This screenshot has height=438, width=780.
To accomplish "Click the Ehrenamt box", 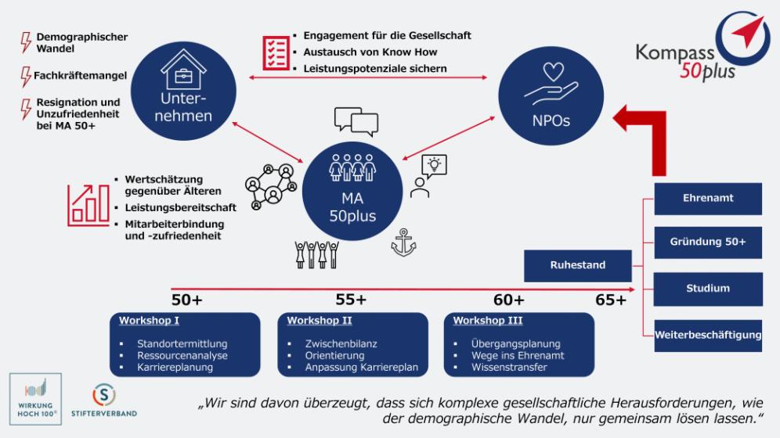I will point(707,199).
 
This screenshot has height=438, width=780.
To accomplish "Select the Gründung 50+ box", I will point(707,242).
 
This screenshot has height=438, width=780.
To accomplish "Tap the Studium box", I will point(707,289).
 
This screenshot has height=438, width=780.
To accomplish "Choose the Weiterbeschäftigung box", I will point(707,336).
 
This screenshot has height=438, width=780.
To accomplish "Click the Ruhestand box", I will point(577,265).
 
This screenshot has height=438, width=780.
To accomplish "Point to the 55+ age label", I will point(351,300).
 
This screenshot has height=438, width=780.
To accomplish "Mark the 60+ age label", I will point(508,300).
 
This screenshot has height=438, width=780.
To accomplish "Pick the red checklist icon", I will point(276,52).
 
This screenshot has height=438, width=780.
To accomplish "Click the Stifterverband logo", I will point(104,399).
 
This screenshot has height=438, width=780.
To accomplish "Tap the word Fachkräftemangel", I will point(80,76).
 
